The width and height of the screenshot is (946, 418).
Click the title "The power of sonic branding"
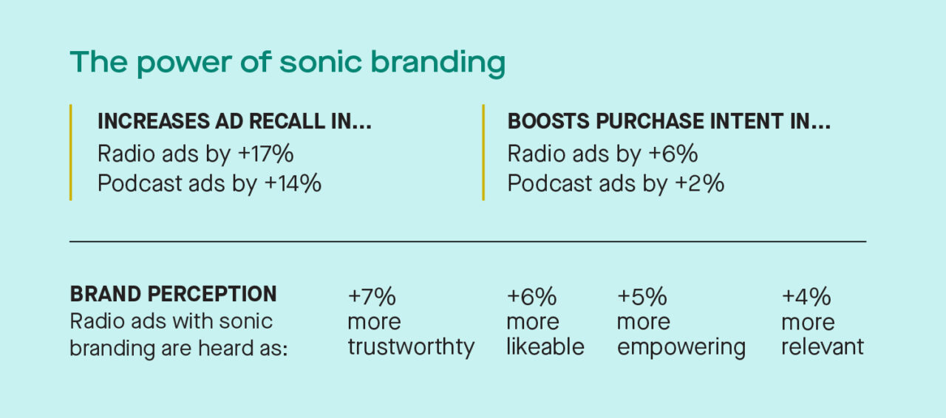(287, 63)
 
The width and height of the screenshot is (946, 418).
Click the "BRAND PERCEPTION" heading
(173, 294)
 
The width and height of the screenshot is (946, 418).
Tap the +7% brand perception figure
(372, 297)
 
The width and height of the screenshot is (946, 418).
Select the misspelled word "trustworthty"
(411, 347)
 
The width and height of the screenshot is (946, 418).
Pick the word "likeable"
(545, 347)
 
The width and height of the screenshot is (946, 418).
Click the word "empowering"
(681, 347)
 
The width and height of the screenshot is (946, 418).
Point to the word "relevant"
(822, 347)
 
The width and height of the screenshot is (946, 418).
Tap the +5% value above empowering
(642, 297)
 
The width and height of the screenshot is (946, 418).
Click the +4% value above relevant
(806, 297)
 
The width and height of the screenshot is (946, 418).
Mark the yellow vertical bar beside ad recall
(71, 152)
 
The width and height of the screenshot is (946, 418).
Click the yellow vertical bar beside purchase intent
(483, 152)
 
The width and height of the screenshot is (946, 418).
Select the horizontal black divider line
(467, 241)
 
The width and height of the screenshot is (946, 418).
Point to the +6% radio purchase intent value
(673, 154)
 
